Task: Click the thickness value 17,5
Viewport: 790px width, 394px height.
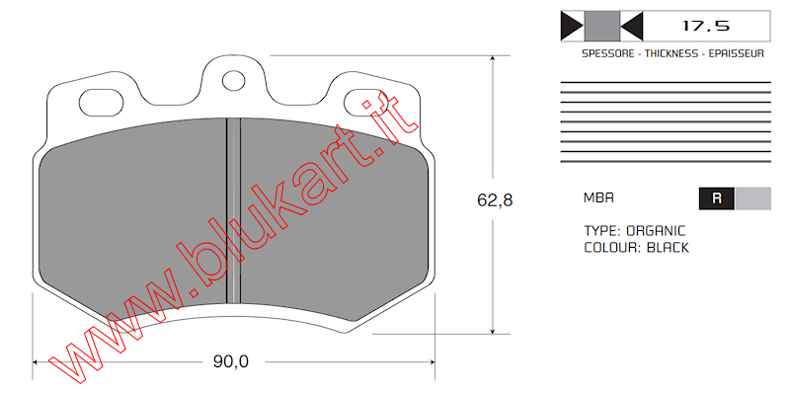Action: tap(706, 26)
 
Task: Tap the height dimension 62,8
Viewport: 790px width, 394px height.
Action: tap(495, 200)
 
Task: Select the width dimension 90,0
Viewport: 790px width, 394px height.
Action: tap(231, 361)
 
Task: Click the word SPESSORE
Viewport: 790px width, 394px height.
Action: tap(607, 53)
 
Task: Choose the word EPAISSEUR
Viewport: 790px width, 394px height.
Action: tap(736, 53)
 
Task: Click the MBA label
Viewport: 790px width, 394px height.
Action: tap(598, 198)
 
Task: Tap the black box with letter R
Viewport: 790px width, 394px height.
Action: tap(717, 198)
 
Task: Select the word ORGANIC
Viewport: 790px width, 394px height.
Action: tap(656, 231)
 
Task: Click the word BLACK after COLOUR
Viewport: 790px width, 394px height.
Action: tap(668, 248)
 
